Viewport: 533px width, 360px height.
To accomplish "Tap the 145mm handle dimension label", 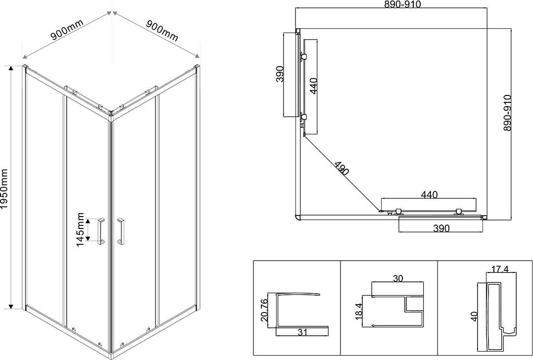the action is click(80, 229).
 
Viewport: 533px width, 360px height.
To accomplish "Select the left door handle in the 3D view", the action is click(101, 231).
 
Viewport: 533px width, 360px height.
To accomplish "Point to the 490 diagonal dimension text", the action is click(342, 168).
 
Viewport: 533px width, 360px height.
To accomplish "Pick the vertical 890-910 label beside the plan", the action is click(507, 113).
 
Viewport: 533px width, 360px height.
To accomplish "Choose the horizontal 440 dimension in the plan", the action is click(430, 195).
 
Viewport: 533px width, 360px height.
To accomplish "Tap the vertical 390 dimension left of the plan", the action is click(280, 74).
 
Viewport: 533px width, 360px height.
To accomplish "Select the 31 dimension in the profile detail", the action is click(302, 332).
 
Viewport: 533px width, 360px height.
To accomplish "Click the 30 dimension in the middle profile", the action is click(398, 278).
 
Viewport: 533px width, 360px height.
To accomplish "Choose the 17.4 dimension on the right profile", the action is click(499, 270).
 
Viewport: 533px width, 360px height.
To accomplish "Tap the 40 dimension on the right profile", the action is click(475, 315).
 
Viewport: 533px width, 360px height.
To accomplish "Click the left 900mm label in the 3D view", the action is click(67, 29).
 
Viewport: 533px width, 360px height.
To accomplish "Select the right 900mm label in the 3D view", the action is click(162, 30).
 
